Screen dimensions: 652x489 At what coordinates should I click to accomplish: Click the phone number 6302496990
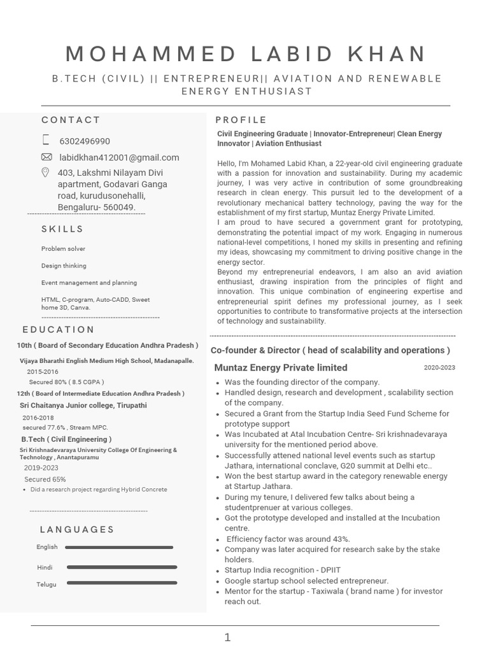coord(84,141)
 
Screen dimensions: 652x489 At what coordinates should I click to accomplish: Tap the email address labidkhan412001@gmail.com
coord(119,157)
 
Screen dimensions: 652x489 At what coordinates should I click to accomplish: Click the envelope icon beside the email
coord(46,157)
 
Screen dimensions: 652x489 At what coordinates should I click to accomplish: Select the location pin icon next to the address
coord(46,173)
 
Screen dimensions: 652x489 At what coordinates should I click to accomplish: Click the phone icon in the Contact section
coord(46,140)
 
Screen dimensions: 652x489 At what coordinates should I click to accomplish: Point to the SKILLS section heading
coord(62,229)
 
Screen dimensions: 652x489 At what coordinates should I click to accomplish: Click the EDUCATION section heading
coord(59,330)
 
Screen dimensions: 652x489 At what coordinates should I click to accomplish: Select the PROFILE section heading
coord(241,120)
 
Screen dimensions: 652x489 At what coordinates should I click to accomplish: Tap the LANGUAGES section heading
coord(77,530)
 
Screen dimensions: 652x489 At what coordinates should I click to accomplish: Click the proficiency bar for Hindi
coord(122,567)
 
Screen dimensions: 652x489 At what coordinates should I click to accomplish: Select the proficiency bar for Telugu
coord(122,583)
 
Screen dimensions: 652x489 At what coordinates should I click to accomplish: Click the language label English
coord(47,547)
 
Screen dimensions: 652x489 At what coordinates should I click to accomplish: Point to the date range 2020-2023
coord(439,367)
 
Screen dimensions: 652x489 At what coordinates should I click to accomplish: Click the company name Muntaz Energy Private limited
coord(281,367)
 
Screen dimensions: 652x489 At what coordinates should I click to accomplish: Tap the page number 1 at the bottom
coord(227,637)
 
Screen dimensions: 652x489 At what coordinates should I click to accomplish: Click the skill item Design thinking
coord(64,266)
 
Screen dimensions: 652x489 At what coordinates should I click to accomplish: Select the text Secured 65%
coord(45,479)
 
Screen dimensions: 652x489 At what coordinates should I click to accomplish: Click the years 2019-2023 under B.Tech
coord(41,468)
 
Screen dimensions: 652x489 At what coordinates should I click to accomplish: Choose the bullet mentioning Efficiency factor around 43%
coord(288,539)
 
